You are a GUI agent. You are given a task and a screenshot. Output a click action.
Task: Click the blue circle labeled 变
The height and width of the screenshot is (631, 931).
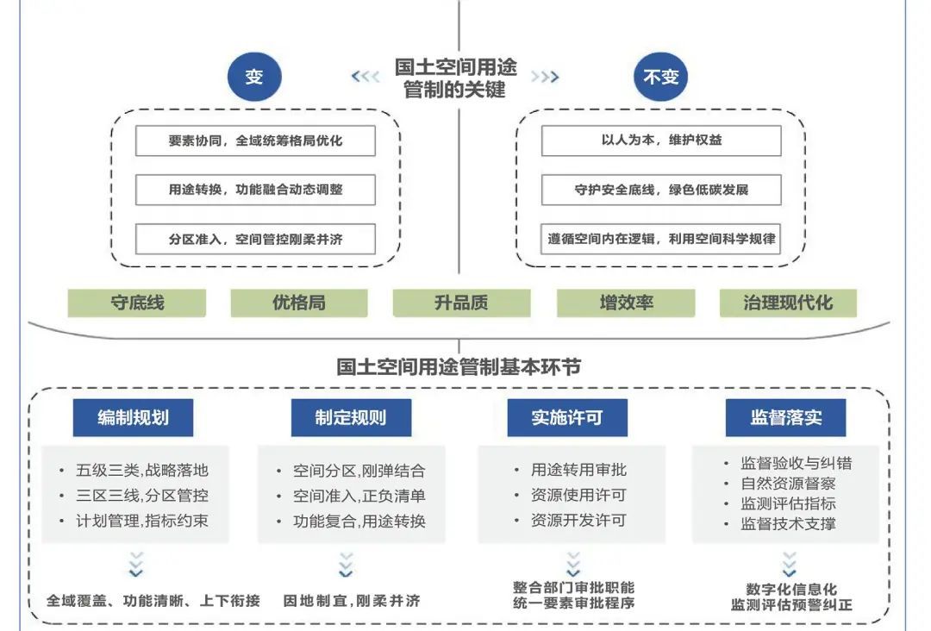254,77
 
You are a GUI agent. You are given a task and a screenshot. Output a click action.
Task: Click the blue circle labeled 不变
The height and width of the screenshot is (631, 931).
661,77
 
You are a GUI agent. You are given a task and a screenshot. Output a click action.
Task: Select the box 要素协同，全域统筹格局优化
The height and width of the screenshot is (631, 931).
255,141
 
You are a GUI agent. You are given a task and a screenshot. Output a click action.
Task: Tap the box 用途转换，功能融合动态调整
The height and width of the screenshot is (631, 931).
255,190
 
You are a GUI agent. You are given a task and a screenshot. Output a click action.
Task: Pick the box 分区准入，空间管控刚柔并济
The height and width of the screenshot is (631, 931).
255,239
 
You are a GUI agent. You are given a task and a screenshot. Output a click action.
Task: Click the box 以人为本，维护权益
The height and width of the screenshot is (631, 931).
661,141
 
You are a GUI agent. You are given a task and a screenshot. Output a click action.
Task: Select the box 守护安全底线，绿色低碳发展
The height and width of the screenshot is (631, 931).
661,190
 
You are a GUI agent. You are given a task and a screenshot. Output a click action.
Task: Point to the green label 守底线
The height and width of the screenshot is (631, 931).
137,303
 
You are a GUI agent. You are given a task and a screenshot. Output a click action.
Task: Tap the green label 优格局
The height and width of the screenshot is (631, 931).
299,303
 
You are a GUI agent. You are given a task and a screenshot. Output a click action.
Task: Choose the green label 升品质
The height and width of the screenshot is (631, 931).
461,303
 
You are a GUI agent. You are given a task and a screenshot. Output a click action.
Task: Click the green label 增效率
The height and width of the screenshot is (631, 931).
626,303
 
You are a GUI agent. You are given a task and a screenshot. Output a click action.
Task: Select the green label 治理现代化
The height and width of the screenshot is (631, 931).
788,303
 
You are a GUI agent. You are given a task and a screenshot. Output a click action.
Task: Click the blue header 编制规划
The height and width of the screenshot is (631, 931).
133,418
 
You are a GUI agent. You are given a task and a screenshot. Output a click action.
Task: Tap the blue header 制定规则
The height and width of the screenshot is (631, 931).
351,418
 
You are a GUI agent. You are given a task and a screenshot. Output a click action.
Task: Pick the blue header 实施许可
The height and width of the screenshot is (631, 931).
567,418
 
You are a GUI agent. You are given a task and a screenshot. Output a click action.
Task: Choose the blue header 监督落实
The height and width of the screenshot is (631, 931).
785,418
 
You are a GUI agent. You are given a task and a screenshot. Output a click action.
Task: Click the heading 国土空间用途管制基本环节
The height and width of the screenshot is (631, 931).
459,367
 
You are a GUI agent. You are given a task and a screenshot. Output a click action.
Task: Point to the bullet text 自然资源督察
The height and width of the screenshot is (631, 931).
788,483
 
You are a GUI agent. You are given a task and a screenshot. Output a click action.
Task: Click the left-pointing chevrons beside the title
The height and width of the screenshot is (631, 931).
366,77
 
